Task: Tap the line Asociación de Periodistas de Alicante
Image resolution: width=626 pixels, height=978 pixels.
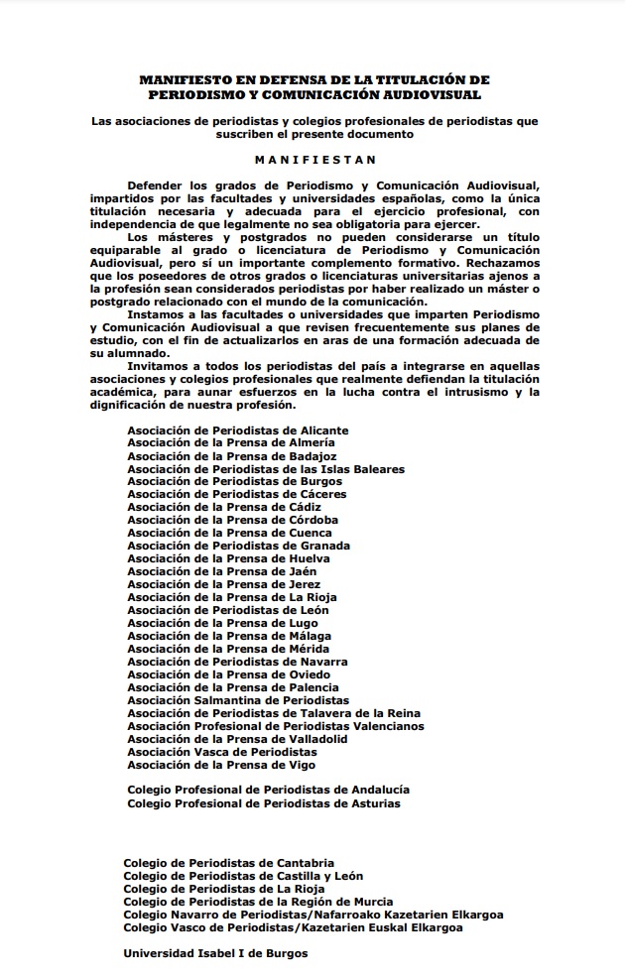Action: (238, 430)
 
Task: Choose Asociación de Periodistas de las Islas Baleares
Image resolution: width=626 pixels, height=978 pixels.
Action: (266, 469)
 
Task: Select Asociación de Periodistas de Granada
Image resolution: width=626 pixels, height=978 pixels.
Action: (238, 546)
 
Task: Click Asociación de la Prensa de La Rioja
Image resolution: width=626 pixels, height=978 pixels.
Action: (232, 597)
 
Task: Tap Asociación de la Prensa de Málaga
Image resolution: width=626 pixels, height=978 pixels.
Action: (229, 636)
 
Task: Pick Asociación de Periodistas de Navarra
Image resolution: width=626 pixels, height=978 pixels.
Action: (237, 662)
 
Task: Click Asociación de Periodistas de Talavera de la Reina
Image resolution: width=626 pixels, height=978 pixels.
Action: (274, 713)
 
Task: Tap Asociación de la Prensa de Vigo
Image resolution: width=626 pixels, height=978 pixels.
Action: (222, 765)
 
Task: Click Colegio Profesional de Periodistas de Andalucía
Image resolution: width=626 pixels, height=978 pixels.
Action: (269, 791)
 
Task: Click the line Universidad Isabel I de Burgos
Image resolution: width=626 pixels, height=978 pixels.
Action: (215, 953)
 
